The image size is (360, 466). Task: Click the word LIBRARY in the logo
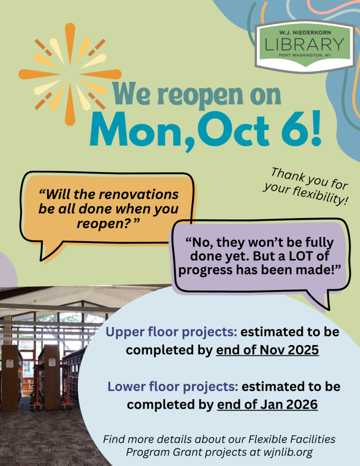point(304,45)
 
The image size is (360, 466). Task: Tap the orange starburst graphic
point(70,74)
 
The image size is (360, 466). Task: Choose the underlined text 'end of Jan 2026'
point(267,404)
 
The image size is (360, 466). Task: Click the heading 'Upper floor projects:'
point(172,332)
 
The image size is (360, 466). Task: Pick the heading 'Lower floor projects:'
point(173,387)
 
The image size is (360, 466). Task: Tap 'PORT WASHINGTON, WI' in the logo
point(304,55)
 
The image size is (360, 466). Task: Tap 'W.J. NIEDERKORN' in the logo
point(304,32)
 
